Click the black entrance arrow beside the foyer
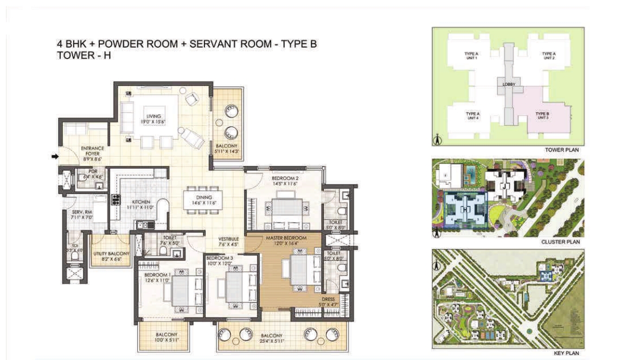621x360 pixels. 55,157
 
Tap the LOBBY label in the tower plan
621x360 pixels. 509,84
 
